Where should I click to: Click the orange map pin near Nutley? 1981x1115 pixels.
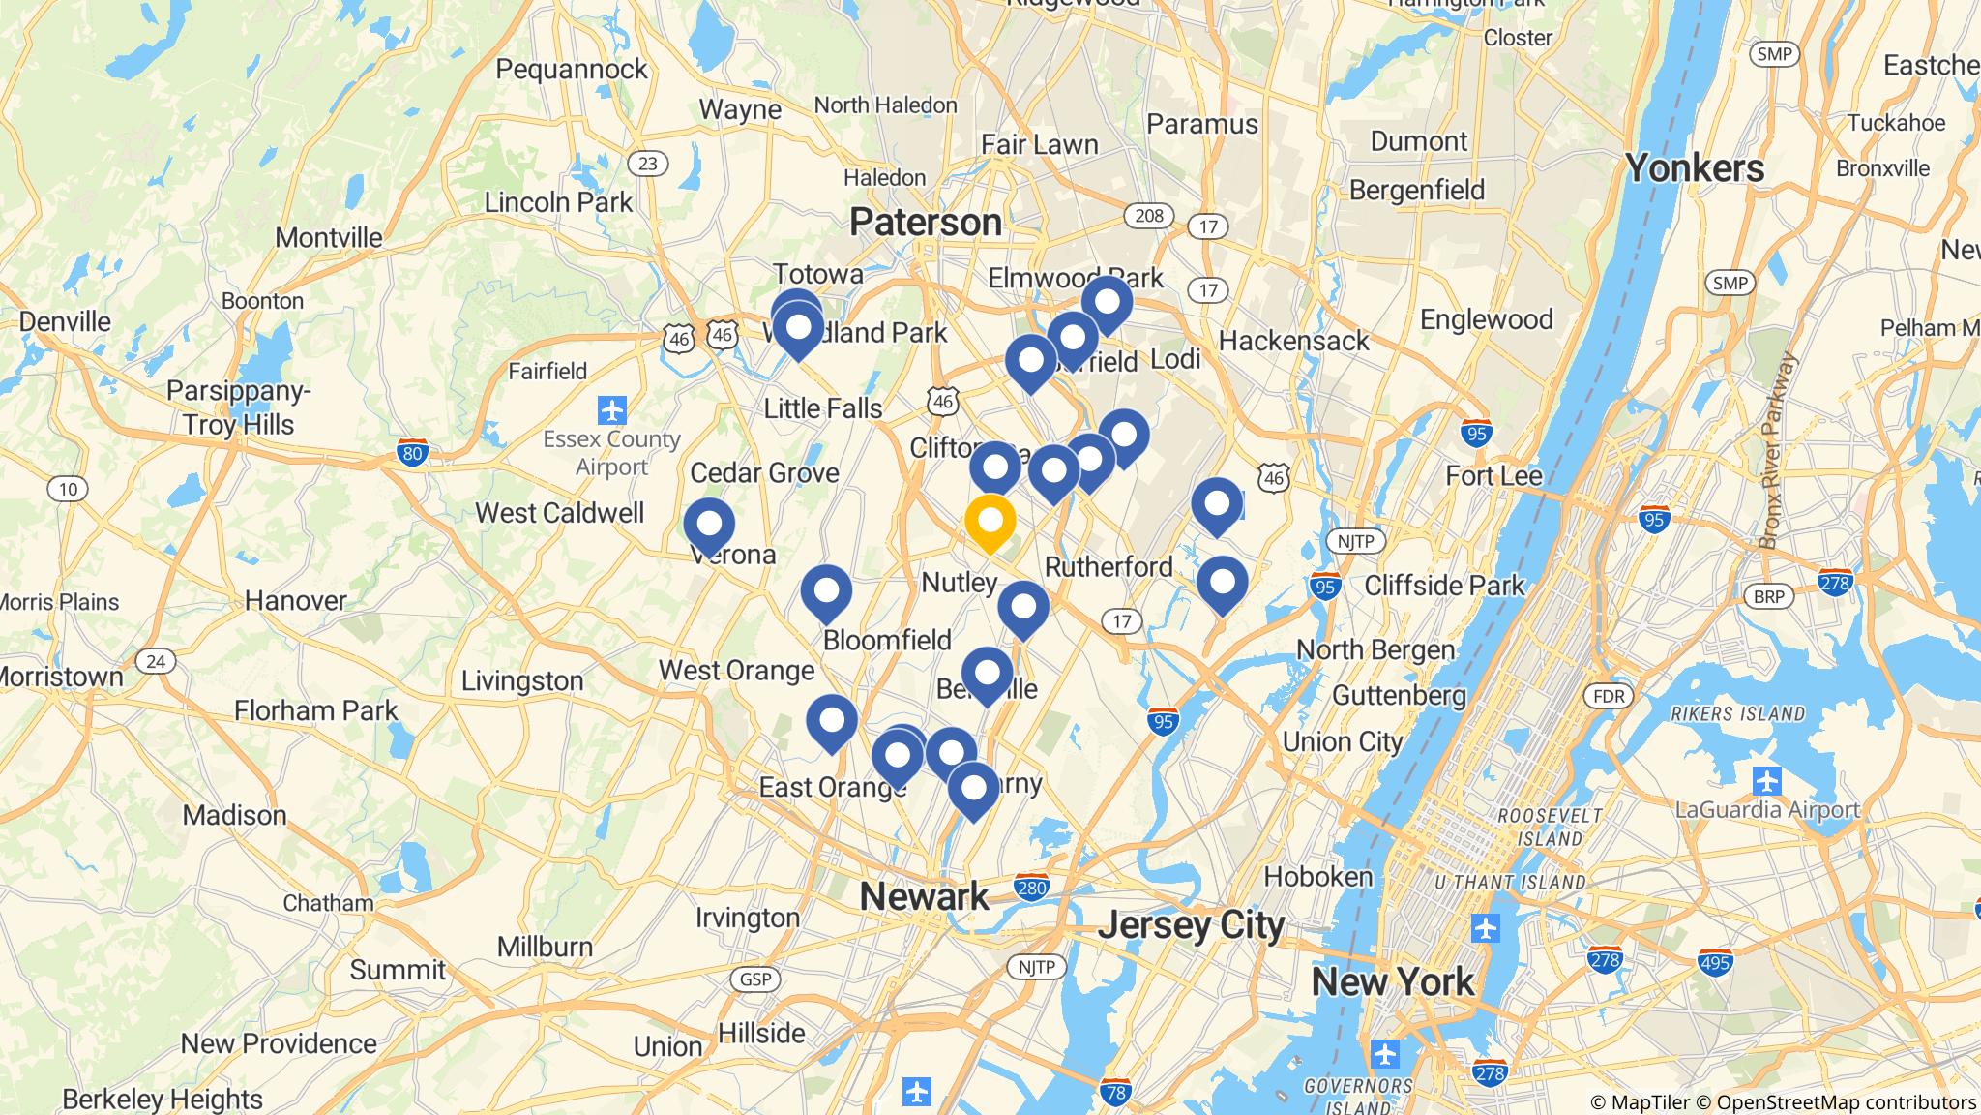click(990, 522)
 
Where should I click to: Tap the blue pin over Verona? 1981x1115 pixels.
click(709, 525)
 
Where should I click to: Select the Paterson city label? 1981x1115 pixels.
click(926, 223)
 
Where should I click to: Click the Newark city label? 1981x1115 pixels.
click(924, 896)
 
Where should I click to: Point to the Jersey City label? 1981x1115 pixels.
click(1191, 925)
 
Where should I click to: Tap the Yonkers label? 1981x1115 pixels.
click(1695, 168)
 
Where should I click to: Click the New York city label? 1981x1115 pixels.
click(1393, 982)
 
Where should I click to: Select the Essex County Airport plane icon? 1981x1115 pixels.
click(611, 410)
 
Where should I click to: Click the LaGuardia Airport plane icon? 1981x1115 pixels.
click(1766, 779)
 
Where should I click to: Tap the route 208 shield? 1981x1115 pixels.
click(1148, 215)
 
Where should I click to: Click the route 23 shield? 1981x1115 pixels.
click(647, 164)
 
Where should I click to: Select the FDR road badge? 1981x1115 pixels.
click(1609, 696)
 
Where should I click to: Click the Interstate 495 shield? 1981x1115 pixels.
click(1714, 963)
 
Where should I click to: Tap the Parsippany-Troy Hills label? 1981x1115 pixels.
click(238, 407)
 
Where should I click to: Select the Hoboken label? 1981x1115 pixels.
click(1318, 877)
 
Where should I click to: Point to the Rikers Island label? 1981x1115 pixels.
click(1737, 714)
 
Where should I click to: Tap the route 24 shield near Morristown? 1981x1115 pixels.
click(155, 662)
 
